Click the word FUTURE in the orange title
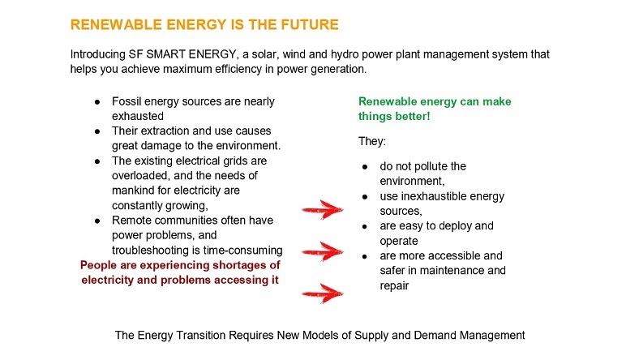tap(310, 25)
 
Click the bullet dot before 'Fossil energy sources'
tap(97, 102)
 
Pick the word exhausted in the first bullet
tap(138, 116)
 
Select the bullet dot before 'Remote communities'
tap(97, 221)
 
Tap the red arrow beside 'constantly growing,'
tap(322, 209)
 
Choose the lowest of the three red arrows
tap(322, 294)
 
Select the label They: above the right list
tap(372, 142)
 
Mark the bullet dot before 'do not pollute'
tap(365, 167)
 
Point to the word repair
tap(394, 286)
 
